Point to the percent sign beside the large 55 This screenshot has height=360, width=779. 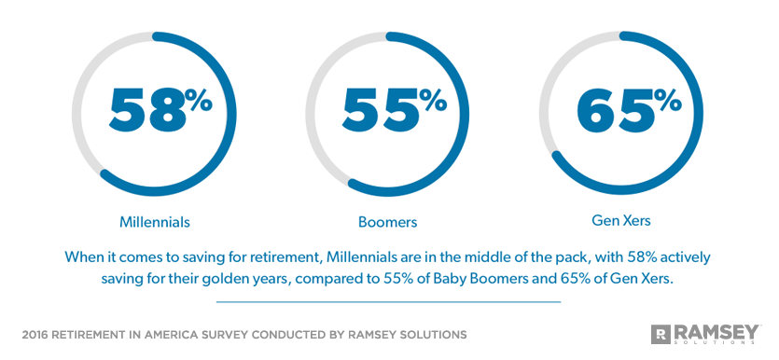coord(432,100)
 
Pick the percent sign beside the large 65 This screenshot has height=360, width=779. coord(666,100)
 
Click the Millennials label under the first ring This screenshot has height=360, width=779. coord(155,222)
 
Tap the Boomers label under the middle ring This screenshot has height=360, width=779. coord(387,222)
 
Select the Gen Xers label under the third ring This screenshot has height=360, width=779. coord(621,221)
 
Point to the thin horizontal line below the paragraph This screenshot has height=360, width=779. coord(388,301)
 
